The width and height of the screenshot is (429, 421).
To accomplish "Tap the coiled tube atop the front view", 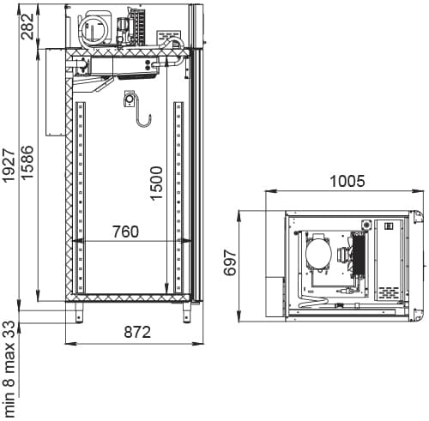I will (x=90, y=30).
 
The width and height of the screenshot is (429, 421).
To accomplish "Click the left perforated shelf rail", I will (x=80, y=197).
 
